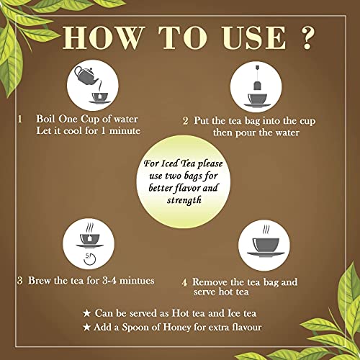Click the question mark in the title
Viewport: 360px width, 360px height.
click(307, 38)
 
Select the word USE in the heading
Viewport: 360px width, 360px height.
click(253, 38)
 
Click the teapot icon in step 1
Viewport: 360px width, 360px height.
click(86, 76)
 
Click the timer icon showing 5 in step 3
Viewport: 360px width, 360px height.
click(90, 258)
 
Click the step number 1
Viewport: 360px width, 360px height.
click(20, 119)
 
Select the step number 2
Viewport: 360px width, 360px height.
click(185, 121)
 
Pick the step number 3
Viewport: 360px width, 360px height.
click(20, 281)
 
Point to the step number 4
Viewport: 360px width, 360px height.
click(184, 283)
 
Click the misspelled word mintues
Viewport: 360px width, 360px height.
click(137, 280)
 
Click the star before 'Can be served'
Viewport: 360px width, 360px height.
click(86, 313)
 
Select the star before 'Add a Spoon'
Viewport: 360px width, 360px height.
click(86, 328)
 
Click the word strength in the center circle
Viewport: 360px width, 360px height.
click(184, 200)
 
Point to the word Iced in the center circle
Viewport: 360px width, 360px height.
click(169, 163)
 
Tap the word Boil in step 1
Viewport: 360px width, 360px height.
click(46, 119)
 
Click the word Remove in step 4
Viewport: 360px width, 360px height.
click(210, 282)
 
